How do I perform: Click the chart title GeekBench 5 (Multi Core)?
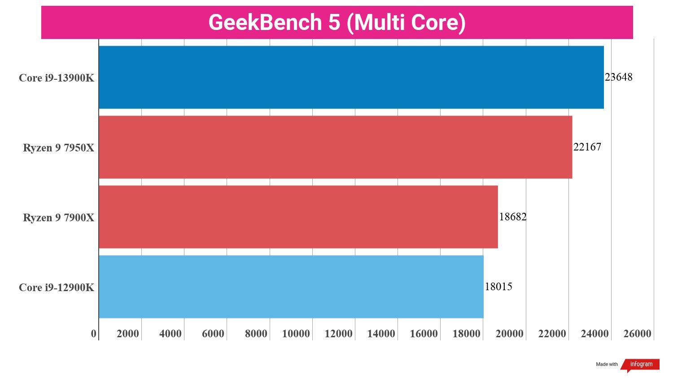[x=337, y=22]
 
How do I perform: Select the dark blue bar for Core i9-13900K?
[x=351, y=77]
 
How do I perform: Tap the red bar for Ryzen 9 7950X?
[x=336, y=147]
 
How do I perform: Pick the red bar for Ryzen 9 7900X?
[x=298, y=217]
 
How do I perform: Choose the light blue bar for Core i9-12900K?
[x=291, y=287]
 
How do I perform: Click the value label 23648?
[x=619, y=77]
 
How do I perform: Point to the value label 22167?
[x=587, y=147]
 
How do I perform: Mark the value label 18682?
[x=513, y=217]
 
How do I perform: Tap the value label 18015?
[x=498, y=287]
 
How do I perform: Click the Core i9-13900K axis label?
[x=57, y=78]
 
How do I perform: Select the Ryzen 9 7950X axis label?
[x=59, y=148]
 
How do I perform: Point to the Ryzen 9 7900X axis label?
[x=59, y=218]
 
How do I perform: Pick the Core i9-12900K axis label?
[x=57, y=288]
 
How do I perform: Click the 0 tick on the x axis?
[x=94, y=334]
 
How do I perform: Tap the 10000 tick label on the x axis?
[x=296, y=334]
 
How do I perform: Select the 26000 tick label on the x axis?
[x=637, y=334]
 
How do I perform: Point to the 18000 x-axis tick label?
[x=467, y=334]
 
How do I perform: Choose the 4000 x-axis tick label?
[x=170, y=334]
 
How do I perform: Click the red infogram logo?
[x=640, y=365]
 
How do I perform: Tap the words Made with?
[x=607, y=364]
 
